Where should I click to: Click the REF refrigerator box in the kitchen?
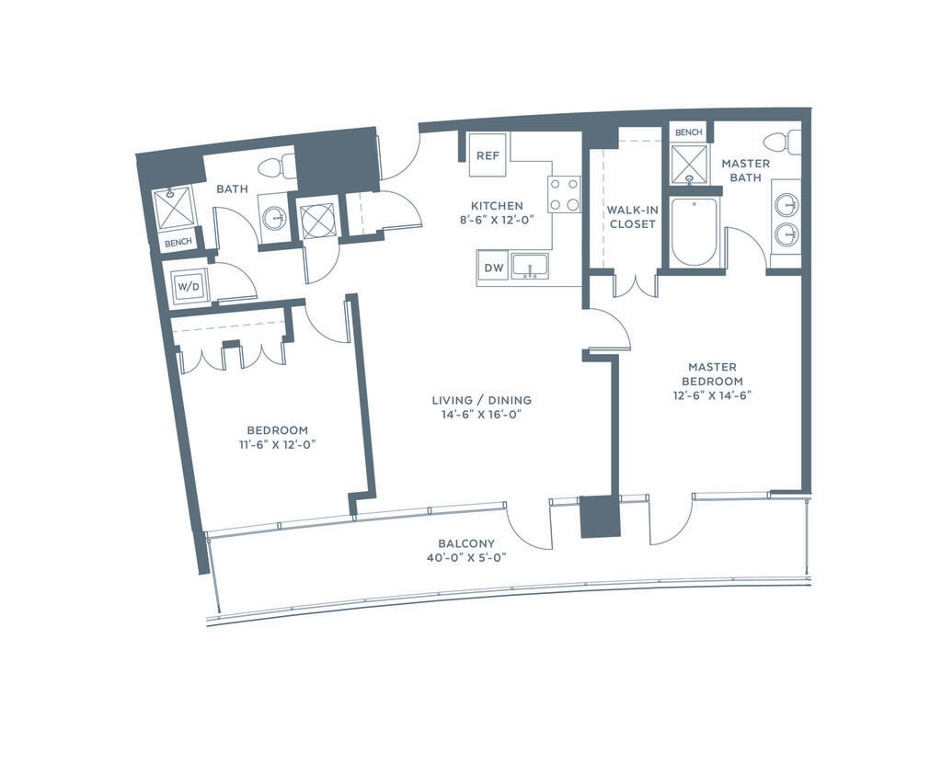pos(488,155)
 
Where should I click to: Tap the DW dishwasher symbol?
pos(493,268)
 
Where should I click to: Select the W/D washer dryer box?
pos(189,288)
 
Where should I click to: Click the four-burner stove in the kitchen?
pos(564,194)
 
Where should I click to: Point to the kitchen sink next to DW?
pos(531,267)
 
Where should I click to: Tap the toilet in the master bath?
pos(782,143)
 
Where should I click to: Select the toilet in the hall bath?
pos(276,165)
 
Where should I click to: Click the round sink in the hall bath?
pos(274,218)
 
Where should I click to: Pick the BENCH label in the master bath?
pos(689,132)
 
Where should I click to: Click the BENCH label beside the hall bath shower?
pos(178,243)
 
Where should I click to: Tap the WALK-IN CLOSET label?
pos(632,217)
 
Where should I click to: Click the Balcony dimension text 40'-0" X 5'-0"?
pos(466,558)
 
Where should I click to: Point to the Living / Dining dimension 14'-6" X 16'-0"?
pos(481,415)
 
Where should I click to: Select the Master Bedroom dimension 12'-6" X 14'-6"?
pos(712,396)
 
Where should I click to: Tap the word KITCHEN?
pos(497,206)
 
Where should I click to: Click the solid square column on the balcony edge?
pos(601,517)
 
